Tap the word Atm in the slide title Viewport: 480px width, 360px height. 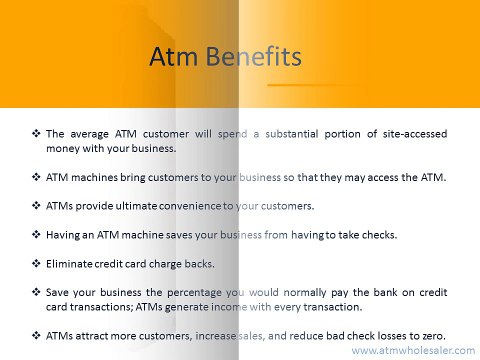[x=175, y=56]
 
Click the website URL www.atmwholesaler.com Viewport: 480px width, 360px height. [x=412, y=352]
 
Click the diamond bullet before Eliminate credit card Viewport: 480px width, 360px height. [x=36, y=263]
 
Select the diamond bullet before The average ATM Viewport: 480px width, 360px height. [x=36, y=133]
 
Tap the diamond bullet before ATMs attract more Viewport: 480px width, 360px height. [x=36, y=334]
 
